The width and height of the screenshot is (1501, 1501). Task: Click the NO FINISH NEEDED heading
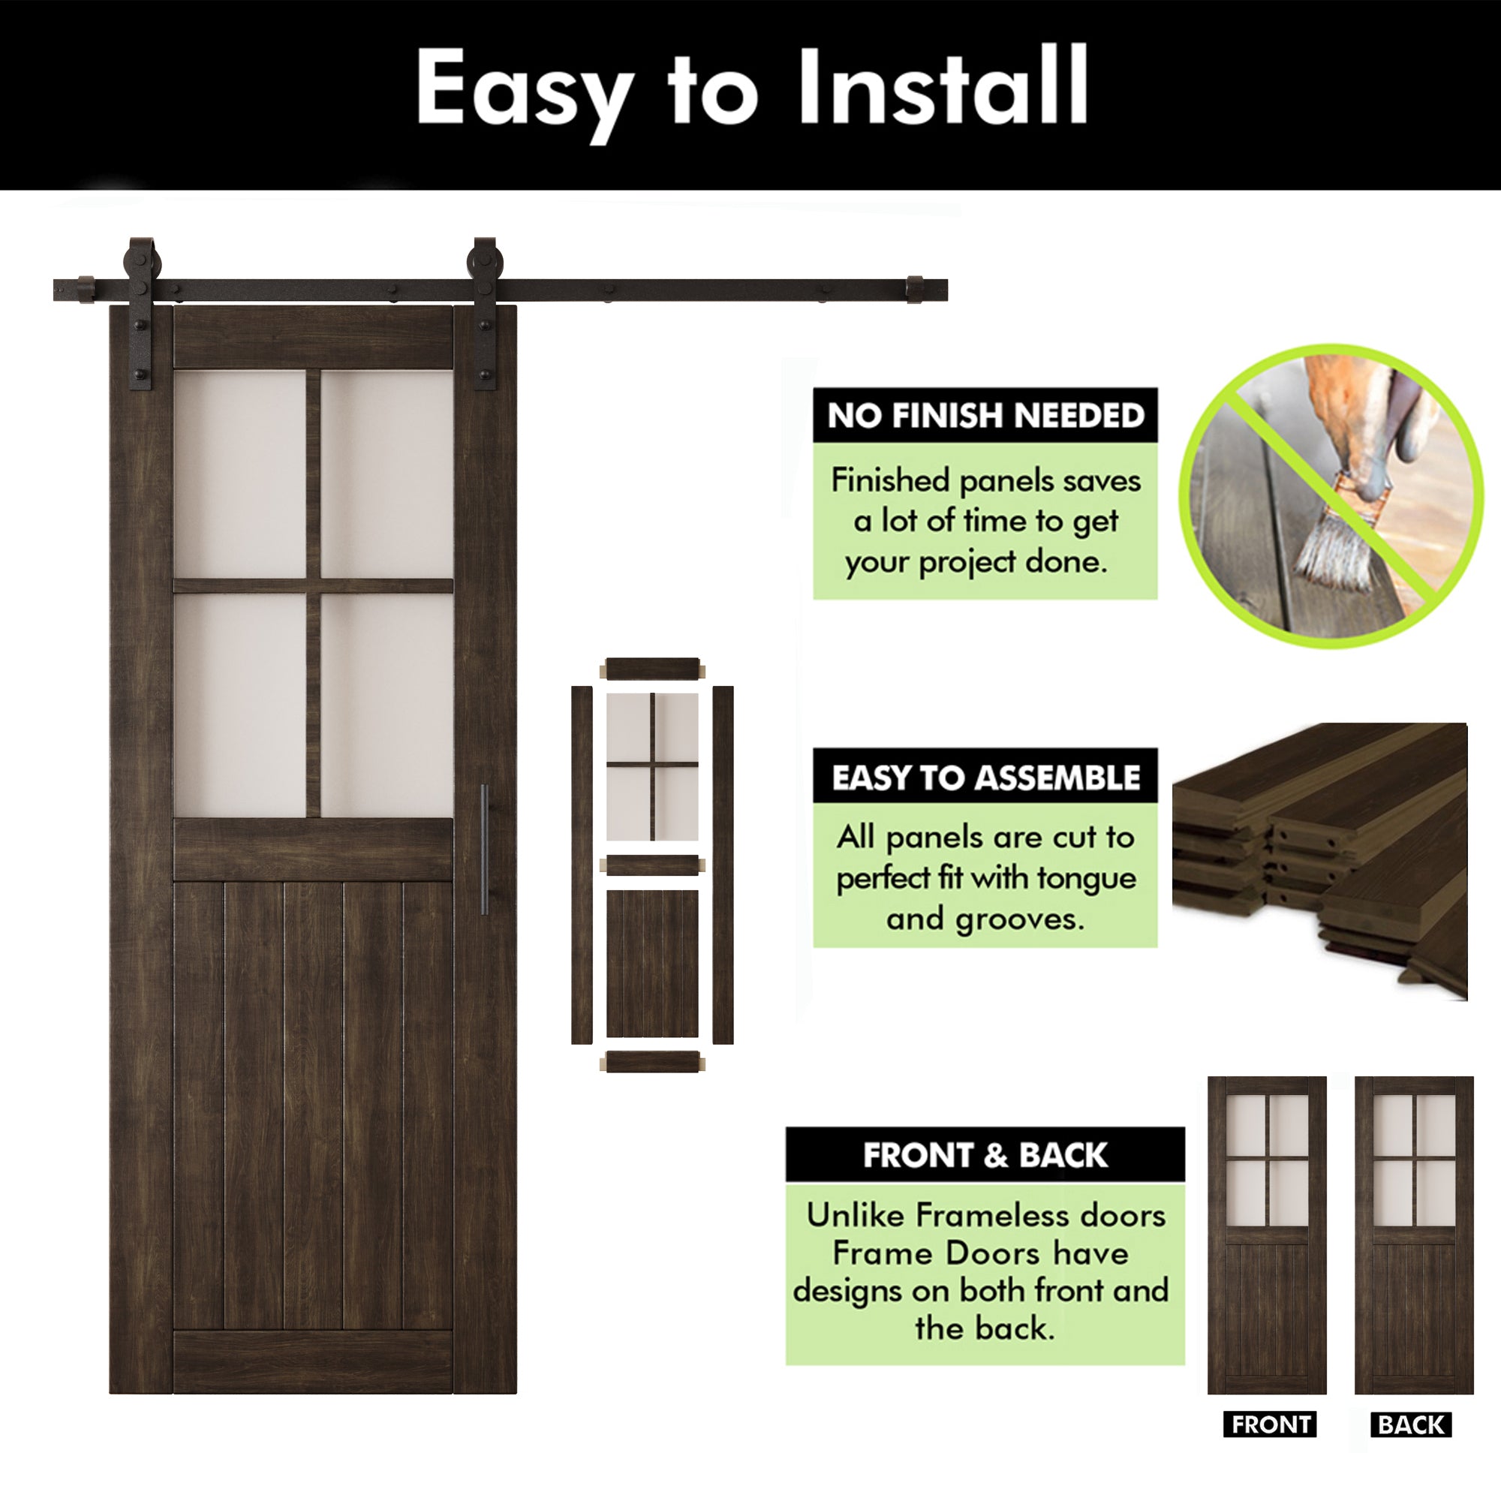pyautogui.click(x=985, y=416)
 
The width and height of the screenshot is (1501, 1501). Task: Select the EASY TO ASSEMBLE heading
pyautogui.click(x=985, y=777)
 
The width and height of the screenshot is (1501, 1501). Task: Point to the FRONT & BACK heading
pyautogui.click(x=985, y=1155)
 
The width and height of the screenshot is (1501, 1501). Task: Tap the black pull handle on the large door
pyautogui.click(x=484, y=848)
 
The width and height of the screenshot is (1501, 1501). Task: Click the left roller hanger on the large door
pyautogui.click(x=141, y=311)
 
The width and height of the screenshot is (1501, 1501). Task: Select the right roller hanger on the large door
pyautogui.click(x=484, y=311)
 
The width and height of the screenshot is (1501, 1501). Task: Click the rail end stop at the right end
pyautogui.click(x=914, y=289)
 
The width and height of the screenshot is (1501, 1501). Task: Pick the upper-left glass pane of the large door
pyautogui.click(x=239, y=474)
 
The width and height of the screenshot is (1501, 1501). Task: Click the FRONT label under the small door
pyautogui.click(x=1271, y=1424)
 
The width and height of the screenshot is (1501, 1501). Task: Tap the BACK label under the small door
pyautogui.click(x=1410, y=1424)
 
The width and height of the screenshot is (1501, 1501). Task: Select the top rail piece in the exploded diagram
pyautogui.click(x=653, y=668)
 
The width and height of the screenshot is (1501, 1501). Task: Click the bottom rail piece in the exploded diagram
pyautogui.click(x=653, y=1062)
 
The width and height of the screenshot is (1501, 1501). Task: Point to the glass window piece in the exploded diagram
pyautogui.click(x=652, y=766)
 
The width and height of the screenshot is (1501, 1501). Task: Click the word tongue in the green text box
pyautogui.click(x=1086, y=879)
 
